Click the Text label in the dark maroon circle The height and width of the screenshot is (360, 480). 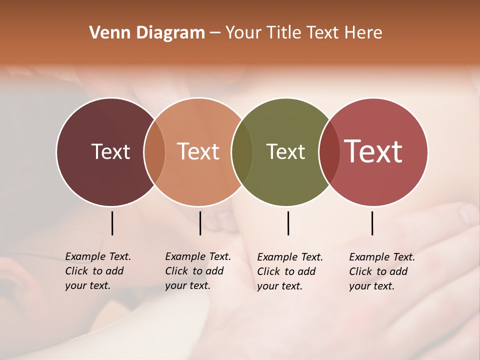click(x=110, y=151)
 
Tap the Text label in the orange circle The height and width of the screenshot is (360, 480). click(x=198, y=151)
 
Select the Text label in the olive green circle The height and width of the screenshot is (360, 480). click(x=285, y=151)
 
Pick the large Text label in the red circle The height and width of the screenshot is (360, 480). click(x=373, y=151)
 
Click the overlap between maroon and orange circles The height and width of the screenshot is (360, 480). click(x=154, y=151)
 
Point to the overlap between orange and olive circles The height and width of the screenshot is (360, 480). click(x=242, y=151)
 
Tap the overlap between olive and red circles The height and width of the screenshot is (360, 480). click(x=329, y=151)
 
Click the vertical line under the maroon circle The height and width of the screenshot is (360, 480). click(x=112, y=223)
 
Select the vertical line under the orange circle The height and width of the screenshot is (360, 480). click(x=200, y=223)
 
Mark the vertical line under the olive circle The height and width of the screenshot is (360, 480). click(x=288, y=223)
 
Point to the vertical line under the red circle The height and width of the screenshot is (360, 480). click(x=372, y=223)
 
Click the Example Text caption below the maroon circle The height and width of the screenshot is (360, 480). click(x=97, y=271)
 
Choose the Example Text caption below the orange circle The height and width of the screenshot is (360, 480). click(x=197, y=271)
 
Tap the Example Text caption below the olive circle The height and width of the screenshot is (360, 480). click(x=289, y=271)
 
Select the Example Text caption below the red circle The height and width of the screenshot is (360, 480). click(x=381, y=271)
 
